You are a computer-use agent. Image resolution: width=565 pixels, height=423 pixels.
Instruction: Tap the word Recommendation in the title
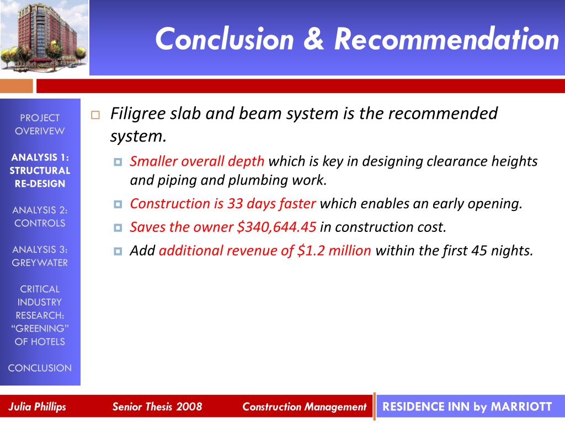446,39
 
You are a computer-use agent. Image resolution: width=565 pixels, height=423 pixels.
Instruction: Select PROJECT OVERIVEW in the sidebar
40,124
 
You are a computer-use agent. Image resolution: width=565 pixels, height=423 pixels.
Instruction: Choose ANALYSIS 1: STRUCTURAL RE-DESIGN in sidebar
40,170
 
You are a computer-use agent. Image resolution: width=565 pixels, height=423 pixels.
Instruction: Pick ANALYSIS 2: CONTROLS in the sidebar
40,216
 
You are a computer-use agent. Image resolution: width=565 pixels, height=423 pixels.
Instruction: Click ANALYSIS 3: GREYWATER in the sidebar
40,256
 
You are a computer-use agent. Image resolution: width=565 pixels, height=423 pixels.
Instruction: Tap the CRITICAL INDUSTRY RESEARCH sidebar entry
40,315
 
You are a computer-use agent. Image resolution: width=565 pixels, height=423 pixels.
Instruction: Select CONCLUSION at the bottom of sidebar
40,368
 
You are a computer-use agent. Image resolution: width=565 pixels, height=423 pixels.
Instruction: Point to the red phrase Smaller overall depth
197,162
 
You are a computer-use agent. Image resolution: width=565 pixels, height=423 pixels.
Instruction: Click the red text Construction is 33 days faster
223,204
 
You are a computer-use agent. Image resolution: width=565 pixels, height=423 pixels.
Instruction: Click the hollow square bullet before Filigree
95,115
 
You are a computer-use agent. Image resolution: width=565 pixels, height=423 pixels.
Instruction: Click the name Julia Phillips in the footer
37,407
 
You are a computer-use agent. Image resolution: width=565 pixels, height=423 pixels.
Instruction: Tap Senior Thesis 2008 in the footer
157,407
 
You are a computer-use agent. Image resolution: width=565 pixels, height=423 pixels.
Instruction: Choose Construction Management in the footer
304,407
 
